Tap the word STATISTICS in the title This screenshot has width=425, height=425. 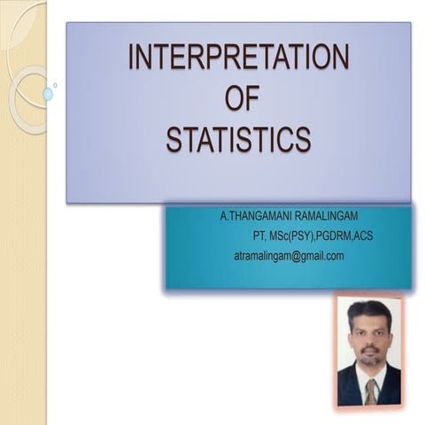coord(239,139)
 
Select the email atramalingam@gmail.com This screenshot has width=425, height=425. coord(289,256)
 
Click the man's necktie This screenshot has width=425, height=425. coord(370,389)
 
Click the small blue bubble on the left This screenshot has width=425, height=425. coord(48,93)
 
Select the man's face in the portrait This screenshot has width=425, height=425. coord(370,336)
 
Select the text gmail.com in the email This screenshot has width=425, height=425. coord(321,256)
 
